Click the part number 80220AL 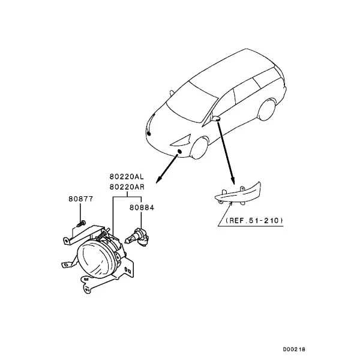(x=127, y=177)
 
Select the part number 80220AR (x=127, y=187)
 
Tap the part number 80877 (x=81, y=199)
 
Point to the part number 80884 (x=142, y=208)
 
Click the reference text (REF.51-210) (x=254, y=221)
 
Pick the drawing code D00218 (x=294, y=350)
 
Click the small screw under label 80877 (x=81, y=223)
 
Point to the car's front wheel (x=199, y=148)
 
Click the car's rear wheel (x=267, y=110)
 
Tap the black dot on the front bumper (x=179, y=151)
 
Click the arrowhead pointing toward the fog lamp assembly (x=159, y=179)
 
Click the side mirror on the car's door (x=216, y=118)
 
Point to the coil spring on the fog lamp (x=101, y=235)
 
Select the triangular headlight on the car (x=181, y=141)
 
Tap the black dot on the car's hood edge (x=149, y=133)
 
